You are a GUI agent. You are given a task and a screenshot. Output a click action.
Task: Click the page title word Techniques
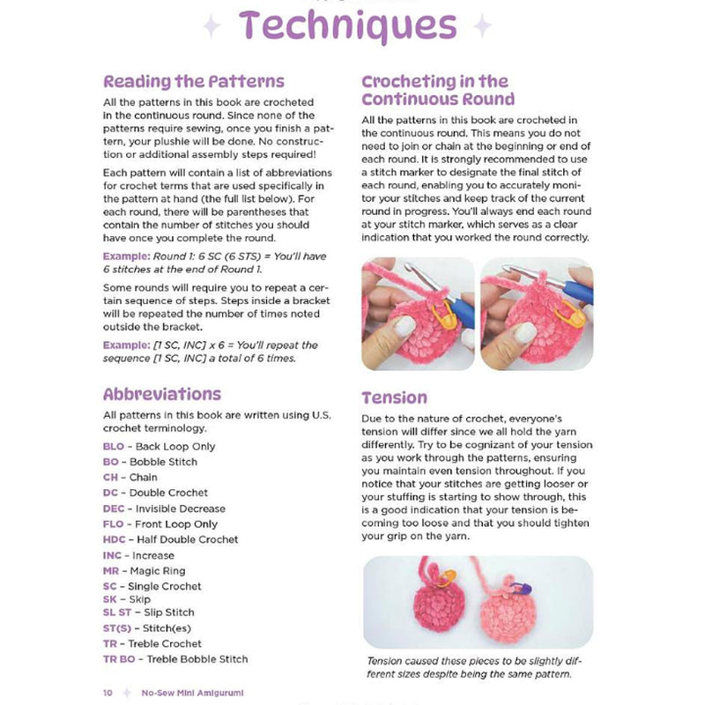coord(345,26)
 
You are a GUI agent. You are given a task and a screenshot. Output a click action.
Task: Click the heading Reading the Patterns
coord(194,82)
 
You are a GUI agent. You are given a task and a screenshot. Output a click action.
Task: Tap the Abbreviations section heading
coord(162,394)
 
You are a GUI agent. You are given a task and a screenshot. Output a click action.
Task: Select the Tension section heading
coord(394,397)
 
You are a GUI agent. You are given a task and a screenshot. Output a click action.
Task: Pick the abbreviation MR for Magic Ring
coord(111,571)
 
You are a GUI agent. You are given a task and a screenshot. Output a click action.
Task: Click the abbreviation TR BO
coord(121,659)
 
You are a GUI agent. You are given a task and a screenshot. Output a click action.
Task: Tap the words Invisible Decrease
coord(181,508)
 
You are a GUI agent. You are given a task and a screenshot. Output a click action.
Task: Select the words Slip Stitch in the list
coord(170,612)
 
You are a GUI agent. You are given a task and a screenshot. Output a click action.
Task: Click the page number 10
coord(108,693)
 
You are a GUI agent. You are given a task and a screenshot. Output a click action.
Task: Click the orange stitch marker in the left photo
coord(443,309)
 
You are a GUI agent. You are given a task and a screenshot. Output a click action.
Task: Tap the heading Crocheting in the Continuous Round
coord(438,90)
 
